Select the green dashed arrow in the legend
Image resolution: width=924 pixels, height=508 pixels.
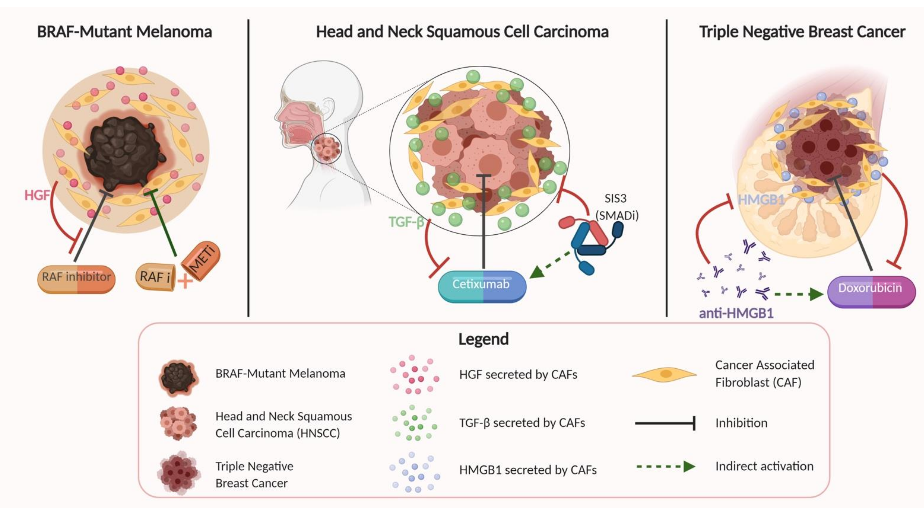pos(666,466)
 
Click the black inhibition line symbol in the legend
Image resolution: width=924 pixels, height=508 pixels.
pos(665,423)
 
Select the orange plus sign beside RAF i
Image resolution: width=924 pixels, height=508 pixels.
pos(185,281)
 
